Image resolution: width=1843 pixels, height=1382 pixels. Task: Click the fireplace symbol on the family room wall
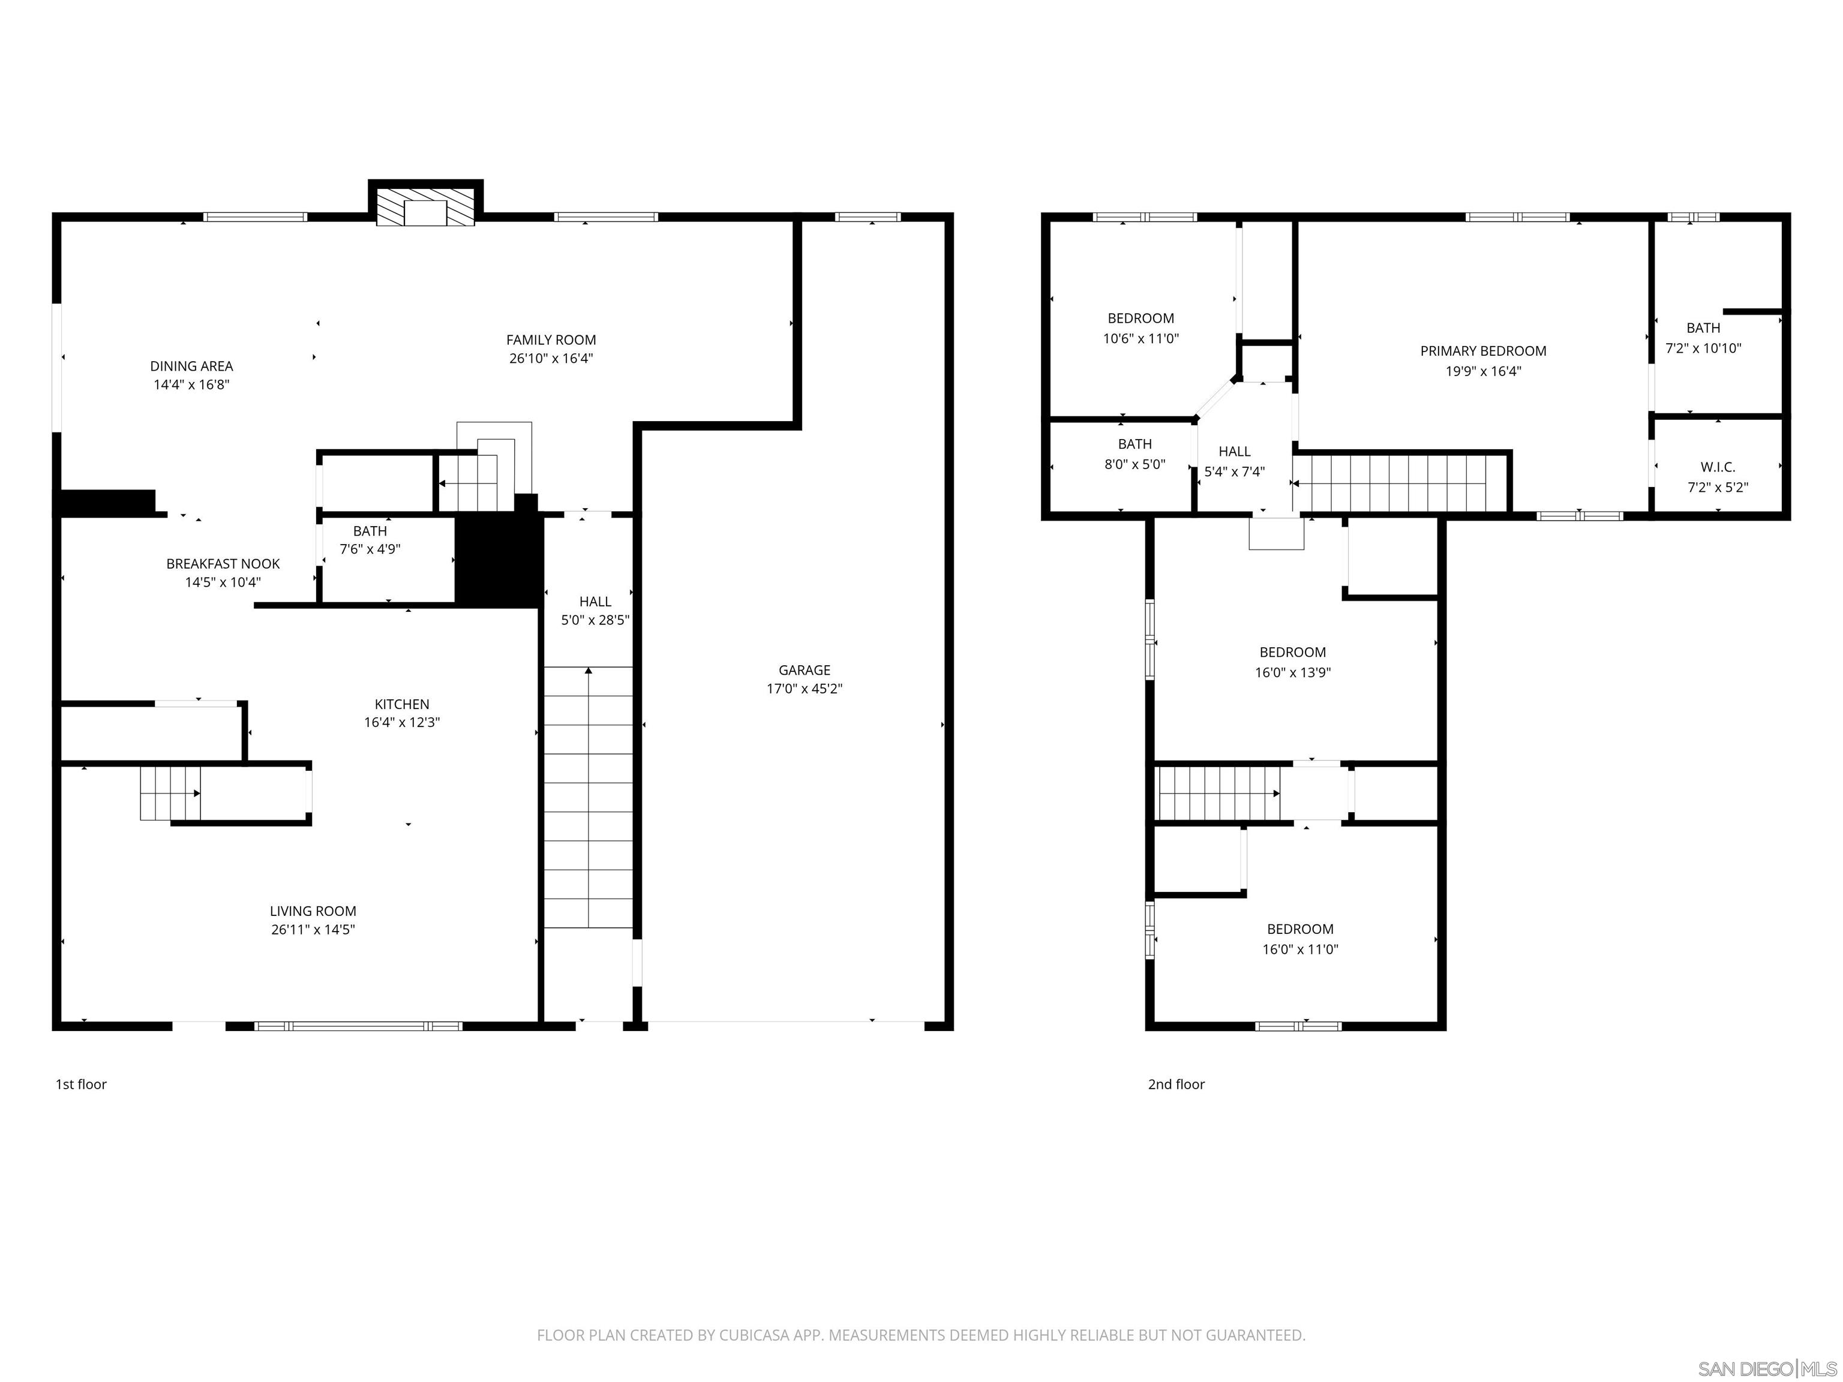(426, 206)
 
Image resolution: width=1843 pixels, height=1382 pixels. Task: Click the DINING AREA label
(191, 366)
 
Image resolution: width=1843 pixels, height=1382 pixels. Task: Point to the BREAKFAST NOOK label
(223, 564)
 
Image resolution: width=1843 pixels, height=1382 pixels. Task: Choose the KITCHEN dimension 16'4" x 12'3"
(401, 723)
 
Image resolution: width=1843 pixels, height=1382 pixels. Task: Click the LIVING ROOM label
(313, 911)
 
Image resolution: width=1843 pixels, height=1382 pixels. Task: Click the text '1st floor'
(81, 1084)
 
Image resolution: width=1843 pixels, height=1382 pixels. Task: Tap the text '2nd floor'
(1176, 1084)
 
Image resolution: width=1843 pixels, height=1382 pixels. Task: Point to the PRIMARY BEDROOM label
(1483, 351)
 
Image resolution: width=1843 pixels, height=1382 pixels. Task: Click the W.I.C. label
(1717, 467)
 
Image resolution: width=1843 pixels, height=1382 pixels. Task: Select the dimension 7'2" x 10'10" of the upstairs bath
(1703, 348)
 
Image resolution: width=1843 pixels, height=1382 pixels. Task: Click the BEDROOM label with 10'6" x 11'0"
(1140, 319)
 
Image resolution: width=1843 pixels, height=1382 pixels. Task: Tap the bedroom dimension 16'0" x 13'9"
(1292, 673)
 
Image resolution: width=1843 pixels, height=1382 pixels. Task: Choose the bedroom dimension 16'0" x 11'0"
(1300, 950)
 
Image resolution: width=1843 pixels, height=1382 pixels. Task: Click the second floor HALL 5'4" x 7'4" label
(1234, 452)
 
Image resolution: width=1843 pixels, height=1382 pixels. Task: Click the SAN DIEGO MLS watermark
(1766, 1369)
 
